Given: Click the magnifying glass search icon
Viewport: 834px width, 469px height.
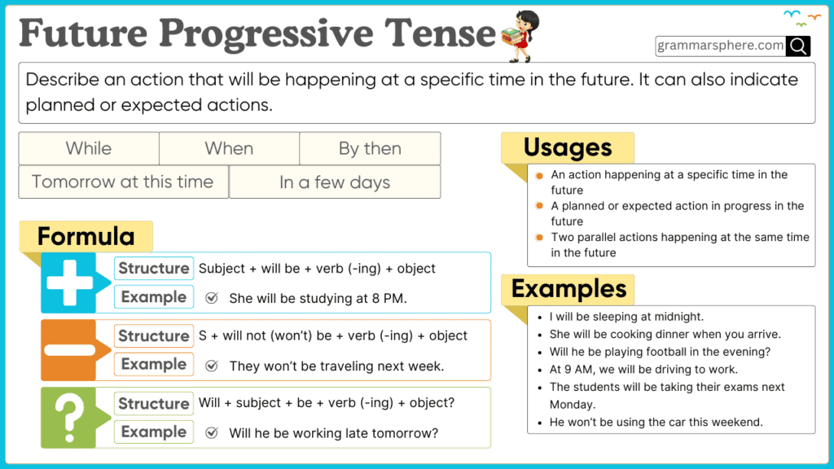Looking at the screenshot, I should click(798, 46).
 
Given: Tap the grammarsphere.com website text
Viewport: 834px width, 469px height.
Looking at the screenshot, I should click(721, 46).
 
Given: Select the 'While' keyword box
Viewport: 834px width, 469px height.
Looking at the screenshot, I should click(89, 148).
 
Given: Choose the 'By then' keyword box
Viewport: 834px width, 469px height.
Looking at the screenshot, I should click(370, 148).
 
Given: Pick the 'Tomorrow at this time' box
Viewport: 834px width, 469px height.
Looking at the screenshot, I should click(123, 182).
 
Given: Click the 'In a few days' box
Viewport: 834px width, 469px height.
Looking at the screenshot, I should click(335, 182).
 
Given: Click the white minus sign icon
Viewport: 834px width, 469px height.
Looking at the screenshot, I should click(69, 350).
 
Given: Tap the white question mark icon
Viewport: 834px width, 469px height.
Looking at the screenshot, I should click(69, 417).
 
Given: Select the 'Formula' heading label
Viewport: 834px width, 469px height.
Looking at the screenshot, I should click(86, 237).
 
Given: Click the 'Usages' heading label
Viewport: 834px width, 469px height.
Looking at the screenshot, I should click(568, 147).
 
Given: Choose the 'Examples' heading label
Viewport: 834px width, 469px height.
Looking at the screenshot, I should click(569, 289).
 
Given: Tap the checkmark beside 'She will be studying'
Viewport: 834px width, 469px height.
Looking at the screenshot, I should click(212, 298).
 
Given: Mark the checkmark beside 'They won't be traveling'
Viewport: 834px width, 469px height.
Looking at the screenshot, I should click(212, 366).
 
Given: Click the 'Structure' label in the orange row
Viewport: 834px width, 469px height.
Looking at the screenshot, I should click(153, 335).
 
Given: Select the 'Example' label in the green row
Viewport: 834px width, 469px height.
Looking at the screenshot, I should click(153, 432).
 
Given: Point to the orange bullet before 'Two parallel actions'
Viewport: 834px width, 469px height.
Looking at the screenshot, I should click(539, 238).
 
